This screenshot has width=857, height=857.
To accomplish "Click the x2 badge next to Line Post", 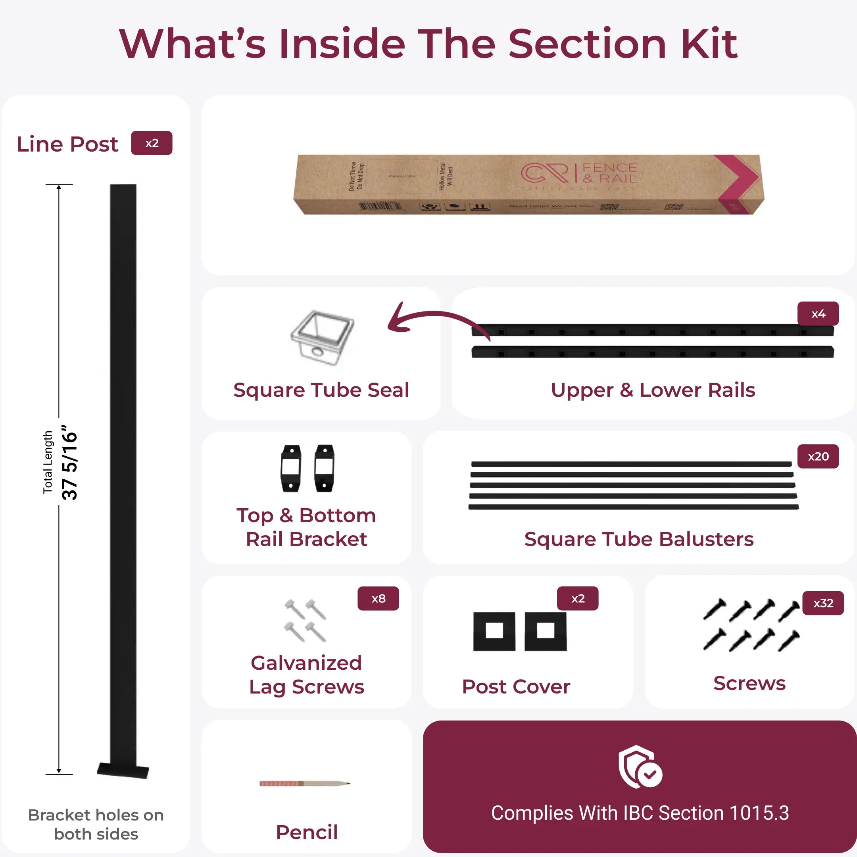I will (x=151, y=143).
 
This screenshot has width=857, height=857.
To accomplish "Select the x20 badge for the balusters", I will (x=818, y=456).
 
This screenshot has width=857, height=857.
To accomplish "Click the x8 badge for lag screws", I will (x=378, y=598).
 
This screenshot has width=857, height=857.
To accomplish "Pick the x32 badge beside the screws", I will (x=823, y=603).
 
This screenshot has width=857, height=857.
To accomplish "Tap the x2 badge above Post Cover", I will (x=578, y=598).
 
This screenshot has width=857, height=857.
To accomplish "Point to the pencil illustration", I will (x=305, y=783).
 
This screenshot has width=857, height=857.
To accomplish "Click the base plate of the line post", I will (x=123, y=771).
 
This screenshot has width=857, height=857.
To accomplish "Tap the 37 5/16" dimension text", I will (x=70, y=462).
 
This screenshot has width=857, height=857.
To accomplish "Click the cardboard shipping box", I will (x=528, y=184).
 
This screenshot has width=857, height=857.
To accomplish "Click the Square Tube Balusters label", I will (x=639, y=539).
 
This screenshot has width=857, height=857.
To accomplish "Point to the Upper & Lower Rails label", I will (x=653, y=390).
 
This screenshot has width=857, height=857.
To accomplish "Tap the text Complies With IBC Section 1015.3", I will (x=640, y=813).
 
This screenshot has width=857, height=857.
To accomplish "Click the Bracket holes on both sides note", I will (x=96, y=824).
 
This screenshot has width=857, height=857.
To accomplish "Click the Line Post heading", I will (x=67, y=144).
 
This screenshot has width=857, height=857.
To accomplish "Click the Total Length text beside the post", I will (x=48, y=462).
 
